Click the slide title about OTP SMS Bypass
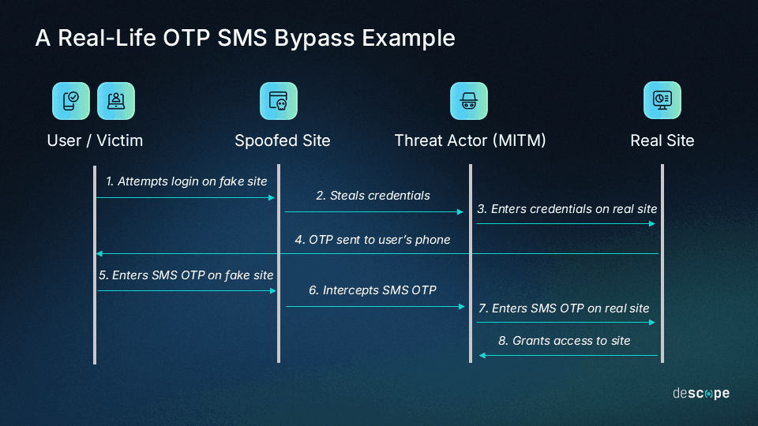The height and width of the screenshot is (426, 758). pos(245,38)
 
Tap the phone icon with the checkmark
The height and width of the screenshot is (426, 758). pos(71,101)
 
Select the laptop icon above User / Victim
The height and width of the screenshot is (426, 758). pos(116,101)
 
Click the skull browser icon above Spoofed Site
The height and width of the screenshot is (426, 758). pos(279,101)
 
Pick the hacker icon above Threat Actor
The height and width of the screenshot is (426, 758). pos(469,101)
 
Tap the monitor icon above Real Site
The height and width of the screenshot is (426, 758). pos(662,100)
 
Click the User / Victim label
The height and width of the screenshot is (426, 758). pos(95,141)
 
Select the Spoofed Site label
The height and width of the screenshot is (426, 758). pos(282,141)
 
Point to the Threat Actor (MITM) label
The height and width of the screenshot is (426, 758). pos(470,141)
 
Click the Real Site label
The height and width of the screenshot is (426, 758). pos(662,141)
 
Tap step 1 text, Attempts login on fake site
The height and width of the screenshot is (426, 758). pos(186,181)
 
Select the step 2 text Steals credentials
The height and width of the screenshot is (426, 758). pos(373,196)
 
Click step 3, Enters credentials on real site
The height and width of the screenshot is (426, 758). pos(567,209)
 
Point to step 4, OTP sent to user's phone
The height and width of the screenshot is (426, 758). pos(373,239)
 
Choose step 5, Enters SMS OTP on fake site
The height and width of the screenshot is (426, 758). pos(186,275)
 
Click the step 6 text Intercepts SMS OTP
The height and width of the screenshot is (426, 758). pos(373,290)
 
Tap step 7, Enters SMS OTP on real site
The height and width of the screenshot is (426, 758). pos(564,308)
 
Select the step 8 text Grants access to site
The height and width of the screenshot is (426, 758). pos(565,341)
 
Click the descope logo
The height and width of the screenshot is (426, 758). pos(700,393)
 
